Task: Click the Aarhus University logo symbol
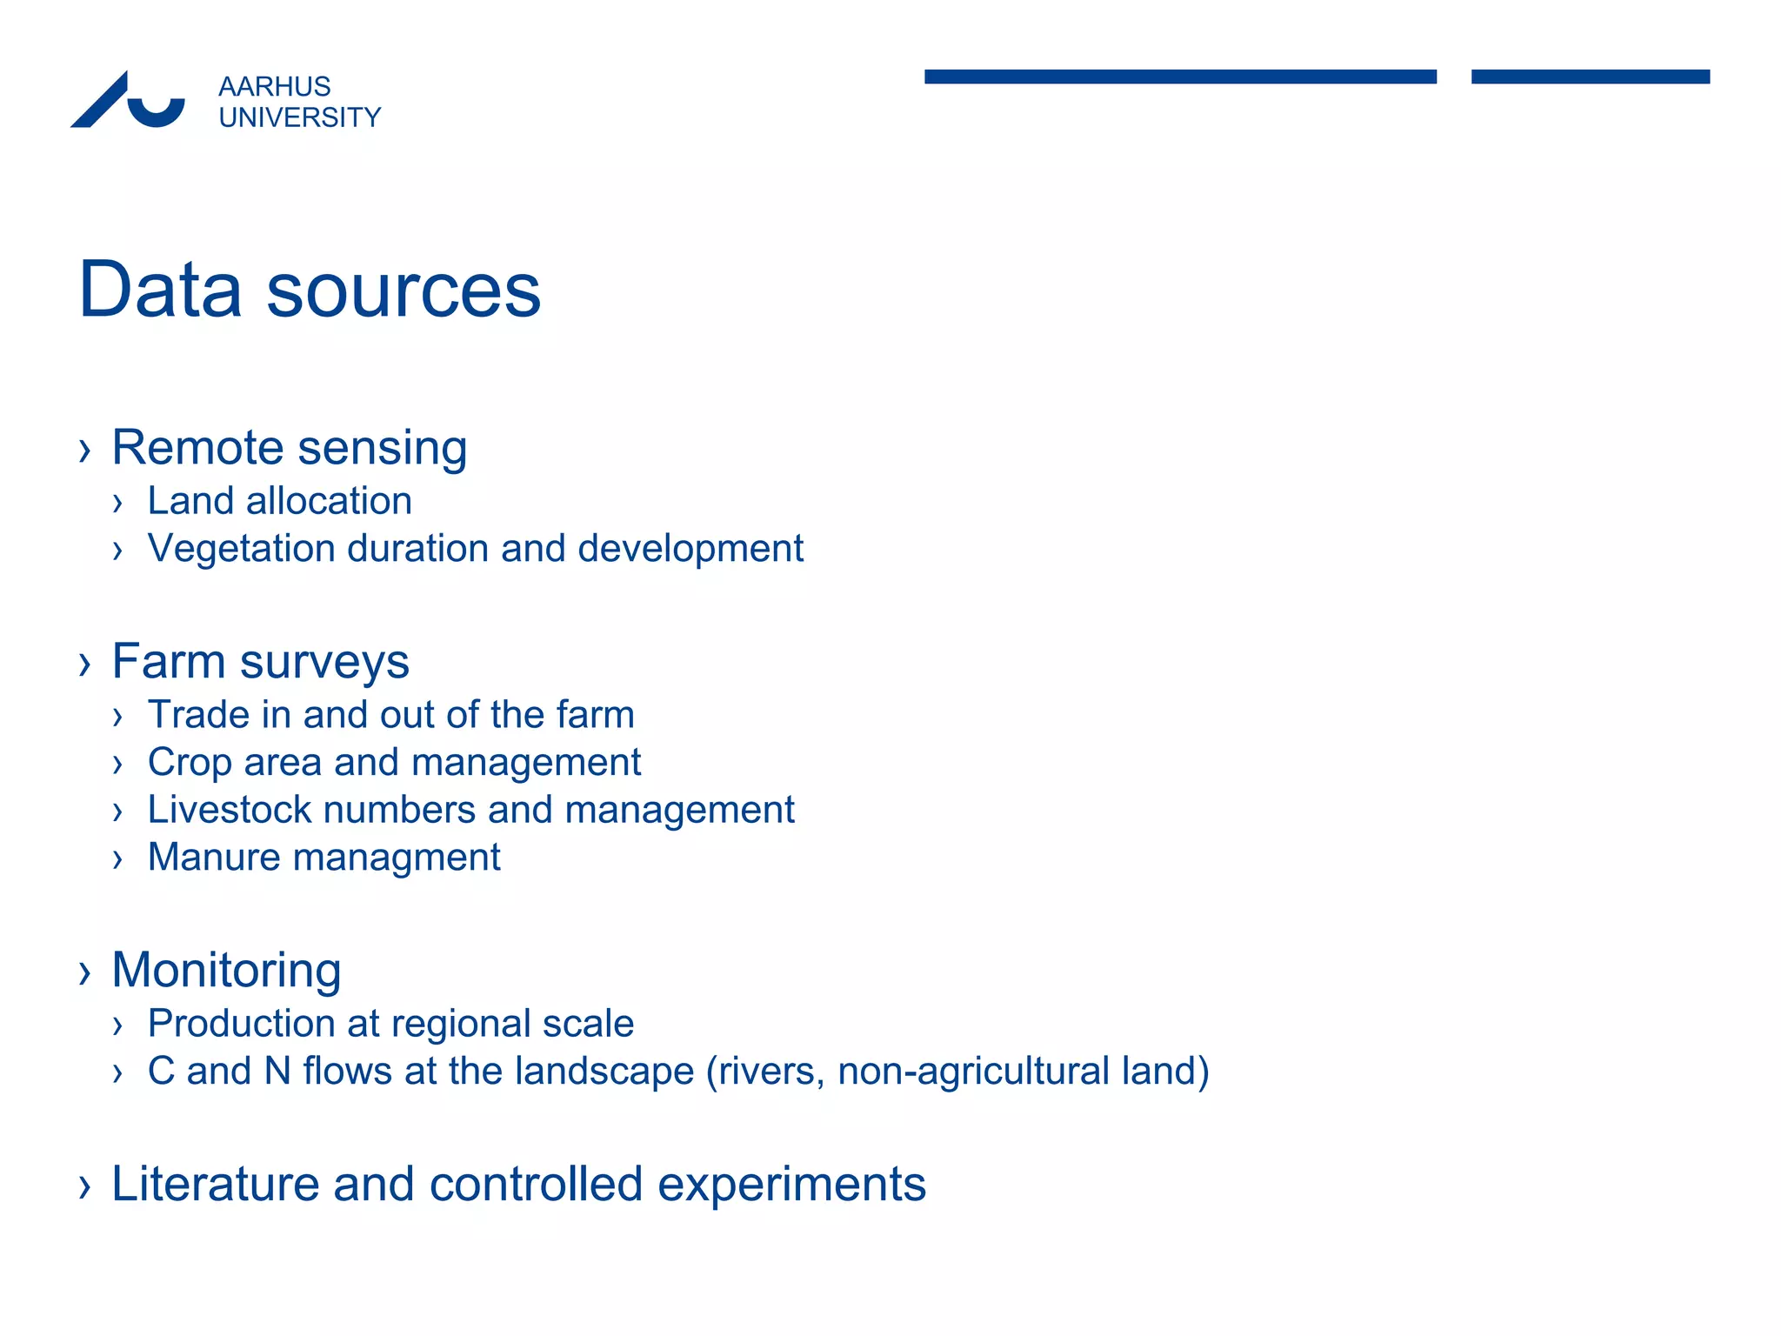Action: coord(128,101)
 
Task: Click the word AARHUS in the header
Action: coord(274,87)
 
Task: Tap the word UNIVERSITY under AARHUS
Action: coord(299,117)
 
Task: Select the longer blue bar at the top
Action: coord(1180,77)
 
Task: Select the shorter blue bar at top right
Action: coord(1590,77)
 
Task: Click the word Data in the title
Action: coord(160,290)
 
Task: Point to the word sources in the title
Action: coord(404,291)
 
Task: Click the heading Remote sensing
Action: coord(290,448)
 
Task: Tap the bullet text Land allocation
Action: coord(279,501)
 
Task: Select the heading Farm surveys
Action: coord(260,662)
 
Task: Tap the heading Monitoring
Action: coord(226,970)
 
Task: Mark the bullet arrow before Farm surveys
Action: coord(84,665)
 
